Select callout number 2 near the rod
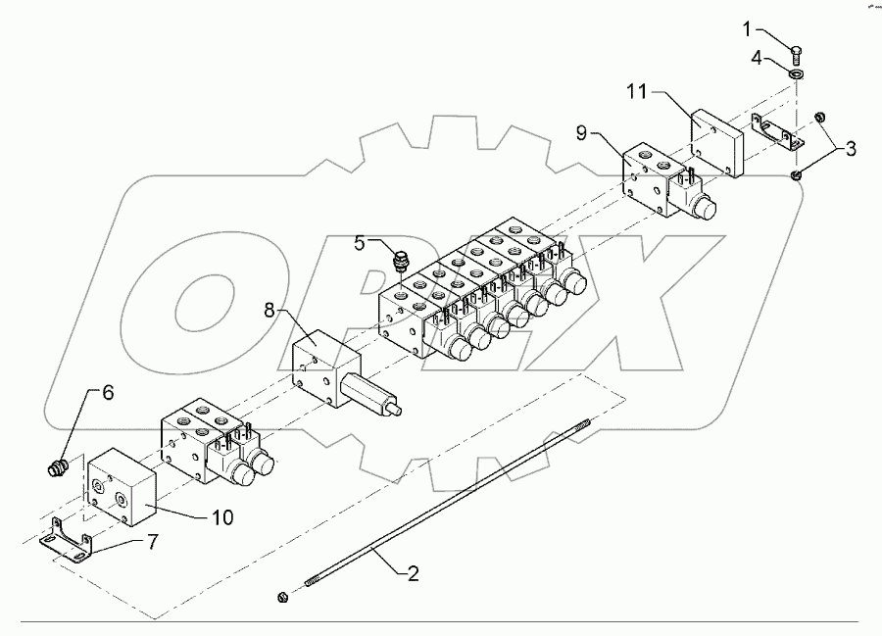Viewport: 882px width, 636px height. [413, 573]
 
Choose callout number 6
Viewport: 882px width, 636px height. [108, 392]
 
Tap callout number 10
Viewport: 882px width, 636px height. [223, 515]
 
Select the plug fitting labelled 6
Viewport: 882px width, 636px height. [57, 469]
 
